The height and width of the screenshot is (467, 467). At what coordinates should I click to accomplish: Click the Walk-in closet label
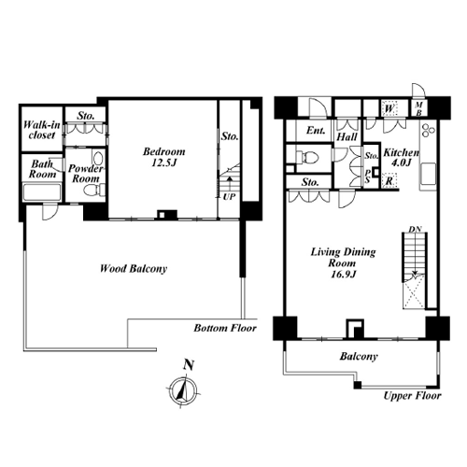[42, 130]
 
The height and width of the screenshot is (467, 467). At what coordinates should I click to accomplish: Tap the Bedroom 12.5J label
[164, 157]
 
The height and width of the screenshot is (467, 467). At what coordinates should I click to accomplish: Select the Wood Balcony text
[134, 268]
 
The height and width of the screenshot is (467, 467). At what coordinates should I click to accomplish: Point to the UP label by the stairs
[229, 197]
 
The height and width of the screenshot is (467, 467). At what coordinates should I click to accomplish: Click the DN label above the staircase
[415, 229]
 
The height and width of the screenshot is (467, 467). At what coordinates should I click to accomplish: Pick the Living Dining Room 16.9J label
[343, 262]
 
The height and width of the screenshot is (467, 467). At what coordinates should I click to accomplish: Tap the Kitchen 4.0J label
[402, 157]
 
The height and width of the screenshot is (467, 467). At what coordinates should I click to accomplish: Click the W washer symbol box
[389, 108]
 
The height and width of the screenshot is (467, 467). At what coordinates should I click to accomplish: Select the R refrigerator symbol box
[389, 180]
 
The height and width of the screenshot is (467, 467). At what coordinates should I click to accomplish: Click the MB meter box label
[419, 108]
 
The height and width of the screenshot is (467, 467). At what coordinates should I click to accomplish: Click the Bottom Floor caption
[225, 328]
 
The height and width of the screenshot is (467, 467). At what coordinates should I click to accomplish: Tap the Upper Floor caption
[412, 396]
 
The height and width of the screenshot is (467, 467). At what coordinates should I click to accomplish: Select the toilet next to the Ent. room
[307, 157]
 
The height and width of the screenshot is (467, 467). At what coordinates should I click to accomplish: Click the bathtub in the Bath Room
[42, 192]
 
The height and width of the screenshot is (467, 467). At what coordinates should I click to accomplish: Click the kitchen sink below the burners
[429, 174]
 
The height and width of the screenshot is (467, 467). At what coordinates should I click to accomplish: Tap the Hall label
[347, 136]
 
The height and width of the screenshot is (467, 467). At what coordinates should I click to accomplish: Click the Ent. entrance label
[316, 130]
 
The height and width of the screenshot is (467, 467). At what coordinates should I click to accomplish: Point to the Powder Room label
[85, 174]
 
